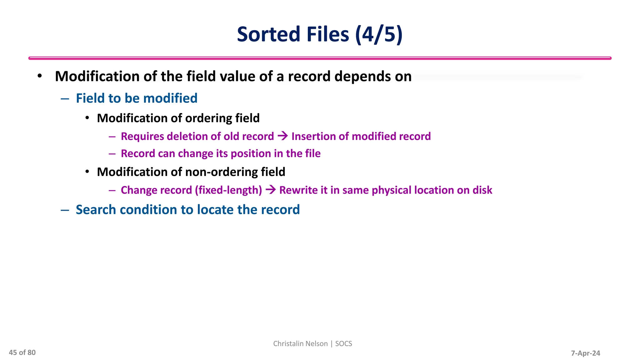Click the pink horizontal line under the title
(320, 58)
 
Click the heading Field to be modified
(137, 98)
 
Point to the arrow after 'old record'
(282, 136)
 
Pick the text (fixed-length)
(228, 190)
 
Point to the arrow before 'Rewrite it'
(271, 190)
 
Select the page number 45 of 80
(22, 352)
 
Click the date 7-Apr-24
(585, 353)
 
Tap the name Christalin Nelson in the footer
(300, 344)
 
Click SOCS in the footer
(343, 344)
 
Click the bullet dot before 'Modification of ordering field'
(87, 118)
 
